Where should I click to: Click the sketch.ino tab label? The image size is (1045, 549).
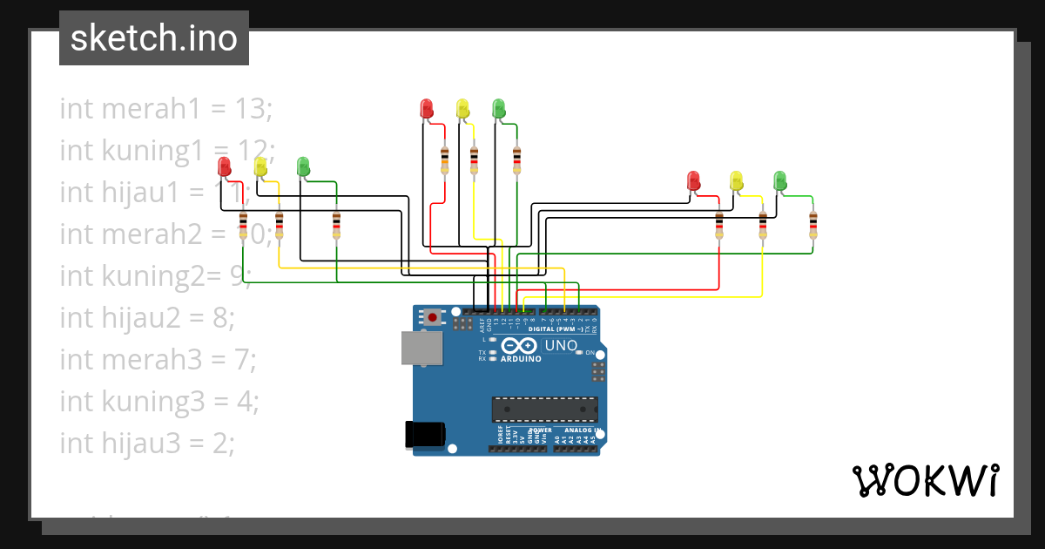tap(154, 38)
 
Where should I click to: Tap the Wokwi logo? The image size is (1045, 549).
tap(924, 480)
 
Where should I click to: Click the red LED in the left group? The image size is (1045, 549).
tap(224, 166)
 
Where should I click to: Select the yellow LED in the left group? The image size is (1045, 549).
tap(260, 166)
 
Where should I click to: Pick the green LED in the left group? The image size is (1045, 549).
tap(303, 166)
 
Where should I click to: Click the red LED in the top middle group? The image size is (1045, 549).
tap(427, 108)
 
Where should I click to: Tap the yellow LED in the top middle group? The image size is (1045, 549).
tap(462, 108)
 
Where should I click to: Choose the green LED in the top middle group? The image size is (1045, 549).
tap(499, 108)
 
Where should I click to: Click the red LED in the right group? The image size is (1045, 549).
tap(694, 180)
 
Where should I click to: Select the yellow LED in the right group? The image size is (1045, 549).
tap(737, 180)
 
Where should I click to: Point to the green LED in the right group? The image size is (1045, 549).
tap(780, 180)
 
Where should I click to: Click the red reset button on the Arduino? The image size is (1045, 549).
tap(433, 317)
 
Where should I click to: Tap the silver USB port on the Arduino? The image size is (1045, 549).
tap(421, 348)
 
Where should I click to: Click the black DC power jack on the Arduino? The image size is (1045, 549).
tap(426, 434)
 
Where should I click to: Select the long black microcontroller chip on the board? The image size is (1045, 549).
tap(545, 410)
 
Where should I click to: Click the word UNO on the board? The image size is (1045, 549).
tap(561, 346)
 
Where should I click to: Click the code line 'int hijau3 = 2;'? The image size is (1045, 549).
tap(147, 444)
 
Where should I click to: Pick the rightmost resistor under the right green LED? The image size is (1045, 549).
tap(813, 224)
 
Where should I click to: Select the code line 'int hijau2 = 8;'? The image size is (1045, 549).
tap(147, 318)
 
